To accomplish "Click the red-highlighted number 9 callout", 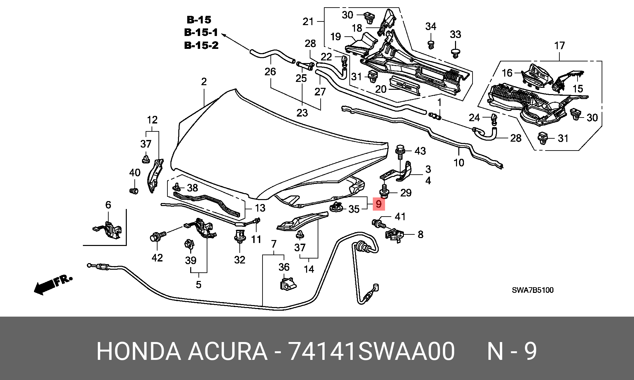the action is pyautogui.click(x=379, y=204).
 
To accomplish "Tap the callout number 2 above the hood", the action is pyautogui.click(x=204, y=82).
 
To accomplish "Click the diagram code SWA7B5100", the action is pyautogui.click(x=533, y=290).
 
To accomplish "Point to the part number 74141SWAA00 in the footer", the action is pyautogui.click(x=371, y=351).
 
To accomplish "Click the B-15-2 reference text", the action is pyautogui.click(x=201, y=45).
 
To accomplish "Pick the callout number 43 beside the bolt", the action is pyautogui.click(x=420, y=151).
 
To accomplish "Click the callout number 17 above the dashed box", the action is pyautogui.click(x=559, y=46).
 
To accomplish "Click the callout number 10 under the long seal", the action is pyautogui.click(x=459, y=162).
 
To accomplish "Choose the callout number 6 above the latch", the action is pyautogui.click(x=108, y=205).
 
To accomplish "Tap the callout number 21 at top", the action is pyautogui.click(x=308, y=21).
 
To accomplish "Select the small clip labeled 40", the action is pyautogui.click(x=134, y=191).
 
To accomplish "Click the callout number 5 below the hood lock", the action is pyautogui.click(x=198, y=284).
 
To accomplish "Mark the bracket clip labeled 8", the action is pyautogui.click(x=394, y=235).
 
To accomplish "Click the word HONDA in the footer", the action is pyautogui.click(x=139, y=351).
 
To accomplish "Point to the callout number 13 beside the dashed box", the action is pyautogui.click(x=260, y=208).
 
